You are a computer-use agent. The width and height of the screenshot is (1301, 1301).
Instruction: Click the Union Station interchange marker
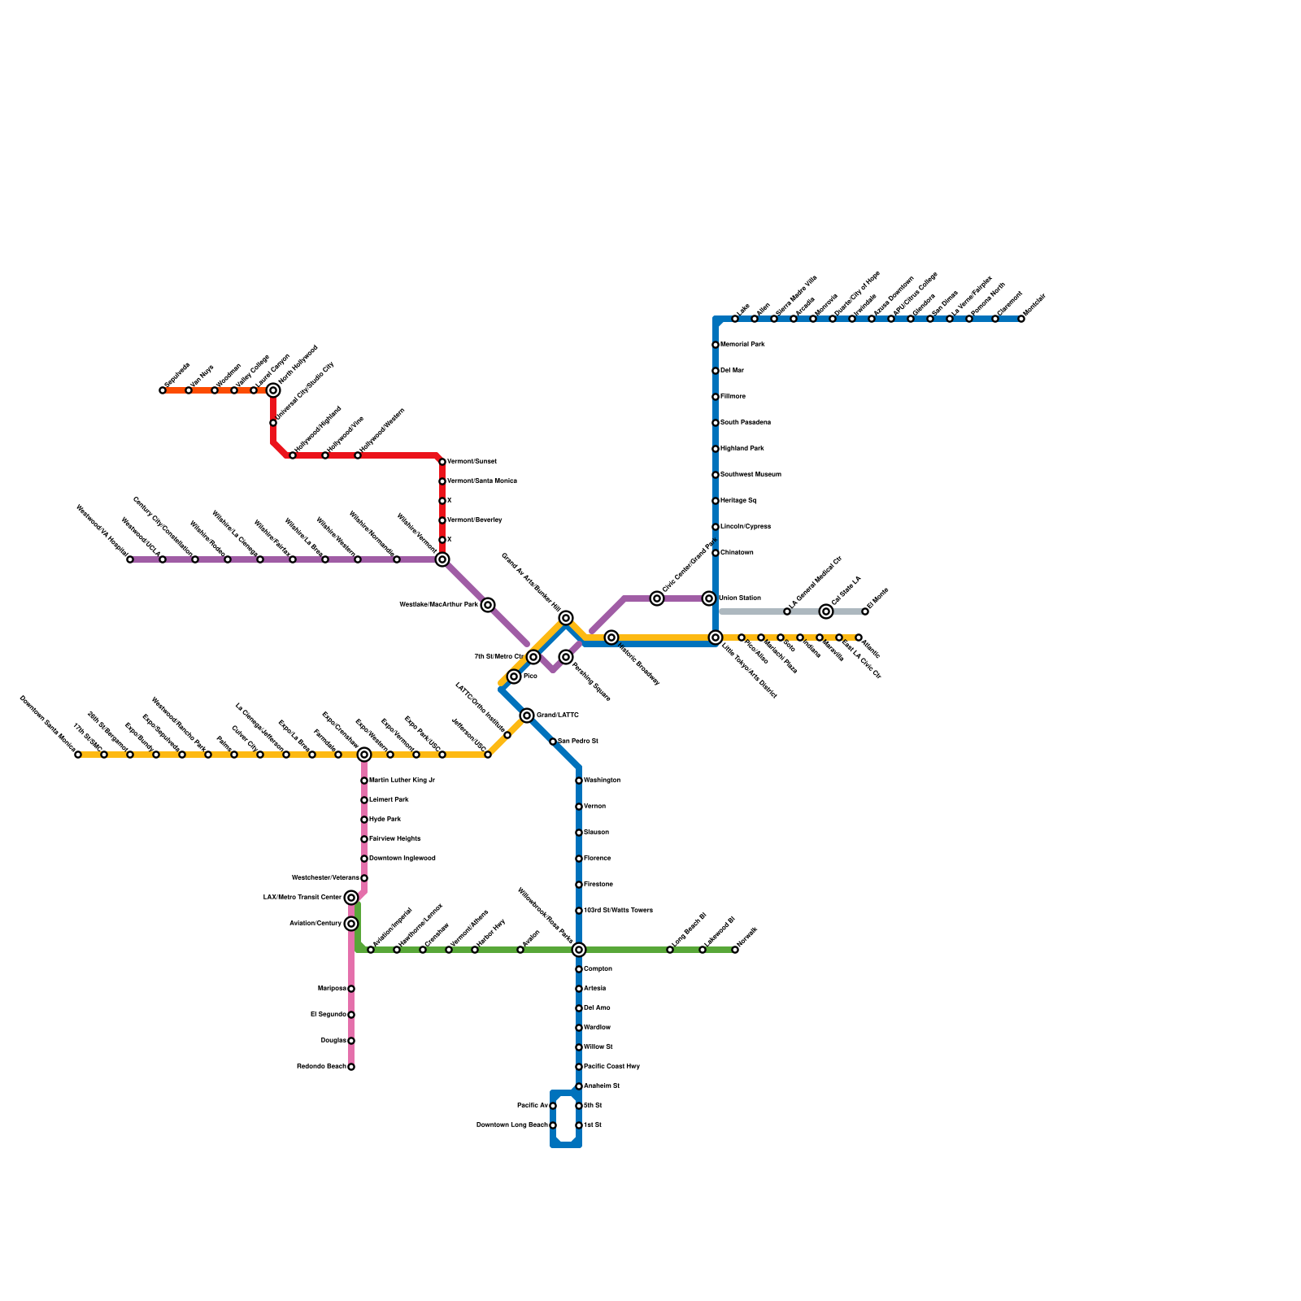[x=709, y=598]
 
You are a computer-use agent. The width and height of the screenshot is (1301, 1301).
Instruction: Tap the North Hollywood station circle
[x=273, y=390]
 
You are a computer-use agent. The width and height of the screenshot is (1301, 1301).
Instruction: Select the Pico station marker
[x=514, y=677]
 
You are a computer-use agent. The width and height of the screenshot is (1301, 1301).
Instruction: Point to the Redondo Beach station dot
[x=351, y=1067]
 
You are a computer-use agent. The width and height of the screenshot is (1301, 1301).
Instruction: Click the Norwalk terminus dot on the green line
[x=735, y=950]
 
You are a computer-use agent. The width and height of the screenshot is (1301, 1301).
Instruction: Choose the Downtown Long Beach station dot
[x=553, y=1125]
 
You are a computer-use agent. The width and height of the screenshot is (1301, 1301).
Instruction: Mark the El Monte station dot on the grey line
[x=865, y=611]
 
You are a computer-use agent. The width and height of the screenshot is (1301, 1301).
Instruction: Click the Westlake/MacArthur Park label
[x=438, y=605]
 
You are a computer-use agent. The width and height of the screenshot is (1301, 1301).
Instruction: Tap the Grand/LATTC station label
[x=558, y=716]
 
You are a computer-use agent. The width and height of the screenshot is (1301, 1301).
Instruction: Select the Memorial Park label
[x=742, y=345]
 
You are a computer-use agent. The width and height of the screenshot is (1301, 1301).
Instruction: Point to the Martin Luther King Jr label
[x=402, y=781]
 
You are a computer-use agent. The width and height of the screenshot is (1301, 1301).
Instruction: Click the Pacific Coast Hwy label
[x=611, y=1067]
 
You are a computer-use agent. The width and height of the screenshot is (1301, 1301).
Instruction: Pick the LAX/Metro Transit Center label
[x=302, y=898]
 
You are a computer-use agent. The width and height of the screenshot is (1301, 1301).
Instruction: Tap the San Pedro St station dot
[x=553, y=742]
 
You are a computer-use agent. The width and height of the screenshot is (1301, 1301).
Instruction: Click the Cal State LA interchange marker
[x=826, y=611]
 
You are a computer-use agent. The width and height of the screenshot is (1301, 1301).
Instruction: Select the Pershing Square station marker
[x=566, y=657]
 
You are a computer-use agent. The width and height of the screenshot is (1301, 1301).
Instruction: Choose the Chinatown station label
[x=737, y=553]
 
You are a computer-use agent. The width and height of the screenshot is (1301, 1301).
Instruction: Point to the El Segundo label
[x=329, y=1015]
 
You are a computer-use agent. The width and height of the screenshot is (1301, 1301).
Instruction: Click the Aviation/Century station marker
[x=351, y=924]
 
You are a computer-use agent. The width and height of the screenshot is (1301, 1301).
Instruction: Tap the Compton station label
[x=598, y=969]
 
